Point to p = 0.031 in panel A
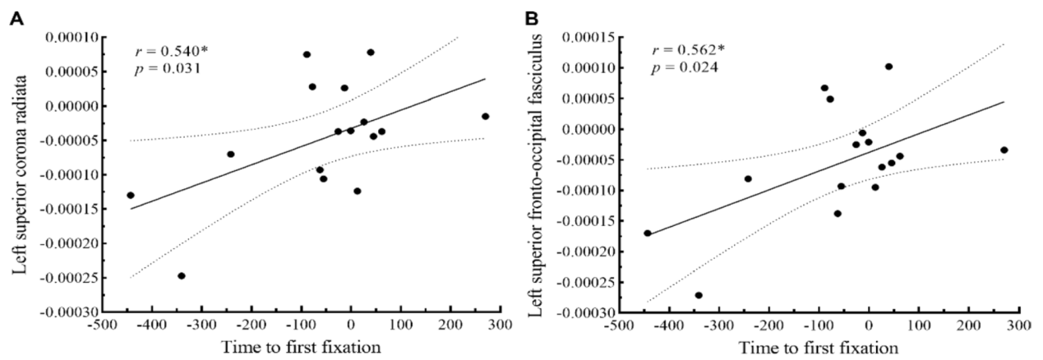point(166,68)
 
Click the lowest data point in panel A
point(182,276)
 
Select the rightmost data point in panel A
point(486,117)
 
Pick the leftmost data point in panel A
point(131,196)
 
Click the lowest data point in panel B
point(699,295)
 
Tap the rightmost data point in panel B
point(1004,150)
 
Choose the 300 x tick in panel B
point(1018,325)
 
